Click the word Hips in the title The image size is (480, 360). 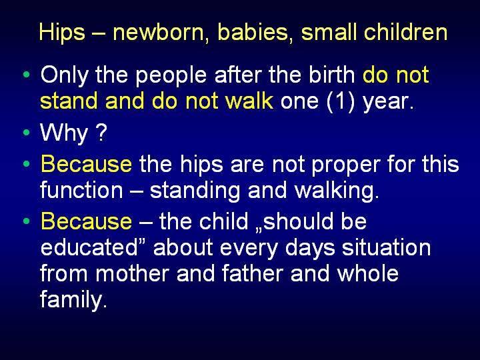pos(62,33)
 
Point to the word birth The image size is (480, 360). pos(331,75)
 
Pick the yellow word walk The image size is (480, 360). pos(249,101)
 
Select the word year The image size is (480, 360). pos(388,103)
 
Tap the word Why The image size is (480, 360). pos(64,133)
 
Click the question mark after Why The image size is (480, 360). pos(101,131)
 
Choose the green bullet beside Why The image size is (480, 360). pos(27,132)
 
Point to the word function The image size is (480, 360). pos(81,190)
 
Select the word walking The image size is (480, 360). pos(337,191)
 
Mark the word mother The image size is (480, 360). pos(132,273)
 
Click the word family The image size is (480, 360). pos(73,300)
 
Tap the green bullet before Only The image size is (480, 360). pos(27,74)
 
